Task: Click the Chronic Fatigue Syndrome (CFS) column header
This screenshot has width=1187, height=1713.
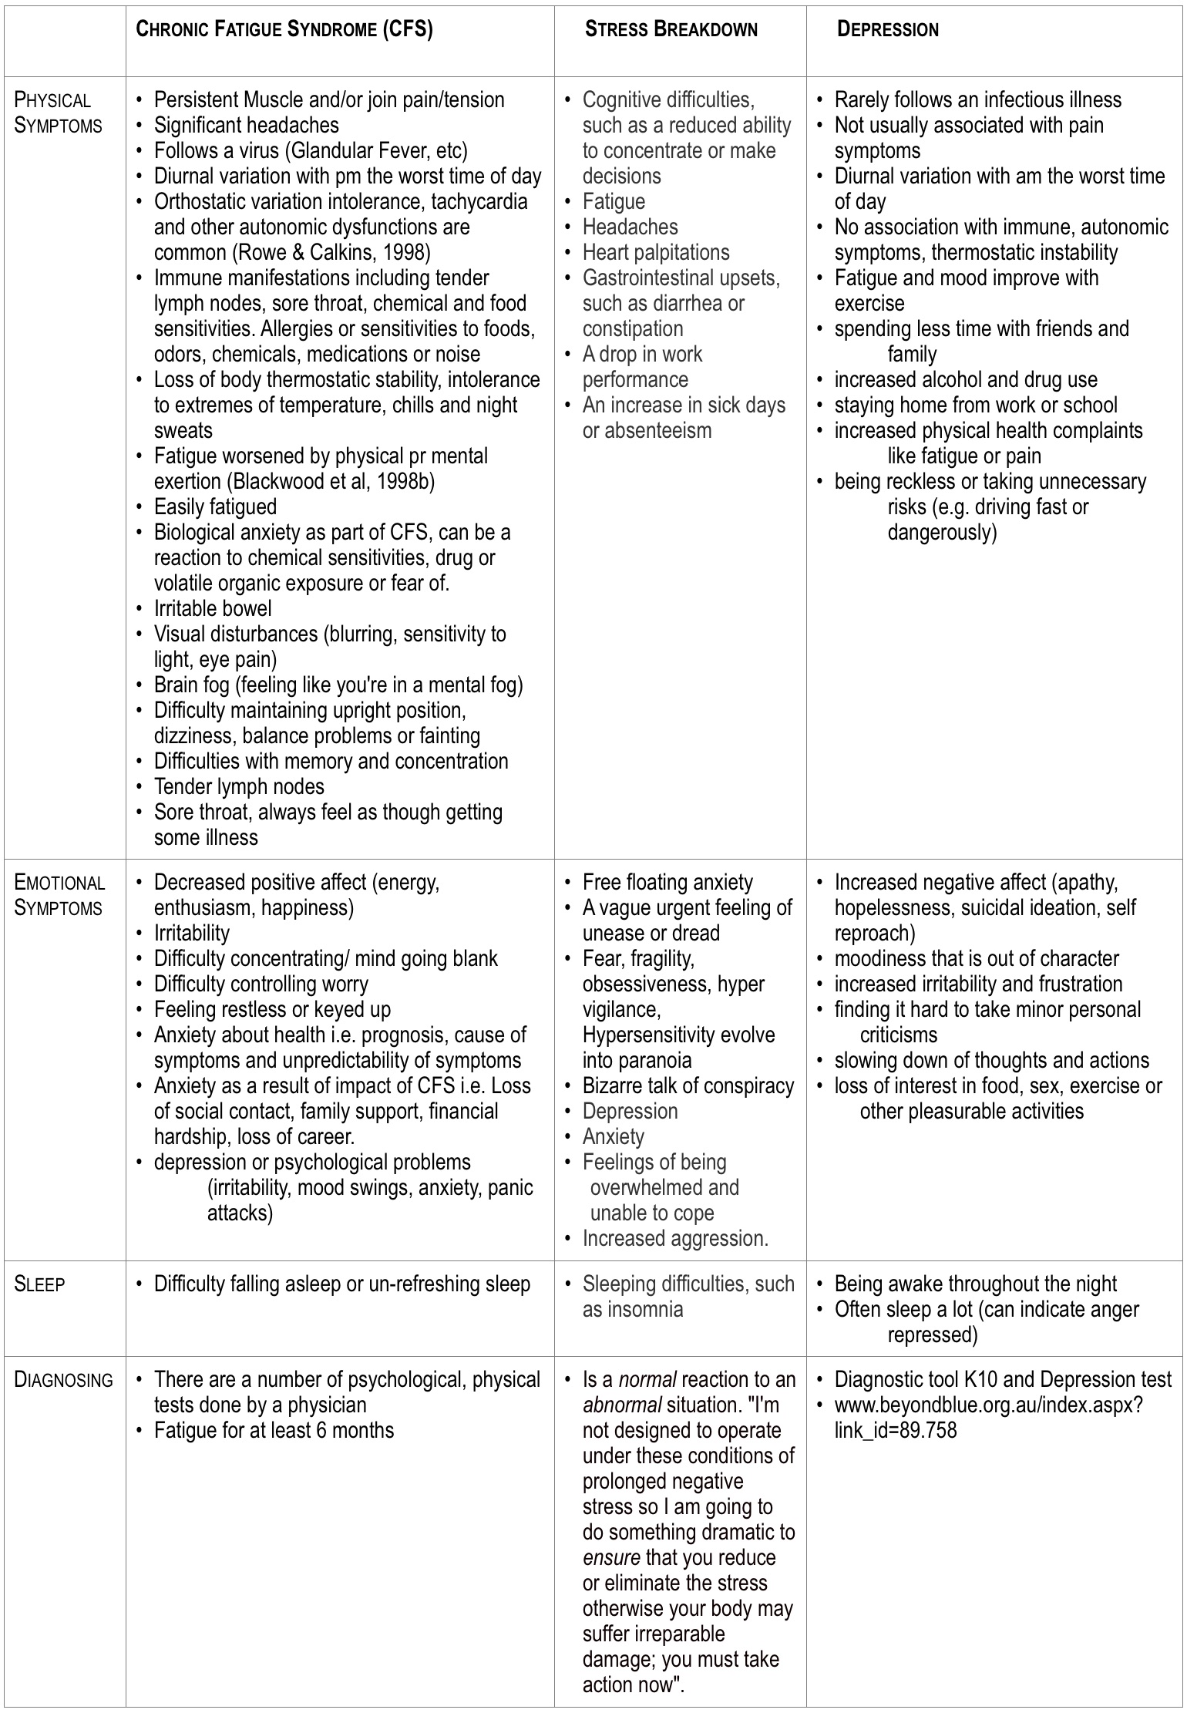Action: click(x=284, y=30)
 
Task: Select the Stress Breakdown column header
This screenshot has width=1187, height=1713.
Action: click(x=671, y=30)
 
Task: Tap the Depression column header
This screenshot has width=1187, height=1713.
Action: click(x=888, y=30)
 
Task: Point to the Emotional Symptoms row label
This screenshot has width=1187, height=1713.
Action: click(x=59, y=895)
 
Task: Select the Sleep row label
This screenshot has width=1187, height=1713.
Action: click(x=39, y=1284)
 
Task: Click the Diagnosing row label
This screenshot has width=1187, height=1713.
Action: click(x=63, y=1379)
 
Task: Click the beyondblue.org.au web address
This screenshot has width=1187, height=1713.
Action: click(x=988, y=1405)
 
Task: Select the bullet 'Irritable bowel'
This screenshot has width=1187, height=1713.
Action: click(x=213, y=608)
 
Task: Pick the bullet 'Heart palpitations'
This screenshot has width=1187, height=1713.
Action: click(x=656, y=252)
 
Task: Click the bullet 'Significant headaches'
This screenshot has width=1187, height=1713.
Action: click(x=246, y=125)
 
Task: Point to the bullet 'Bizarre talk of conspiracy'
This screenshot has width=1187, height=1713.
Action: click(x=688, y=1085)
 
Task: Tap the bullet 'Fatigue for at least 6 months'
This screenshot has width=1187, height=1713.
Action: click(x=274, y=1430)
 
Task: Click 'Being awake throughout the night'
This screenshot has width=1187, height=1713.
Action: click(x=975, y=1284)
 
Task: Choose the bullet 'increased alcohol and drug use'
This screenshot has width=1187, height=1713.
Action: click(x=966, y=379)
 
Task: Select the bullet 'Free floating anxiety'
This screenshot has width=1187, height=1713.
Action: click(x=667, y=882)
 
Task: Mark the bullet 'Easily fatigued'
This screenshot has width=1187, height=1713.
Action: click(x=215, y=506)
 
